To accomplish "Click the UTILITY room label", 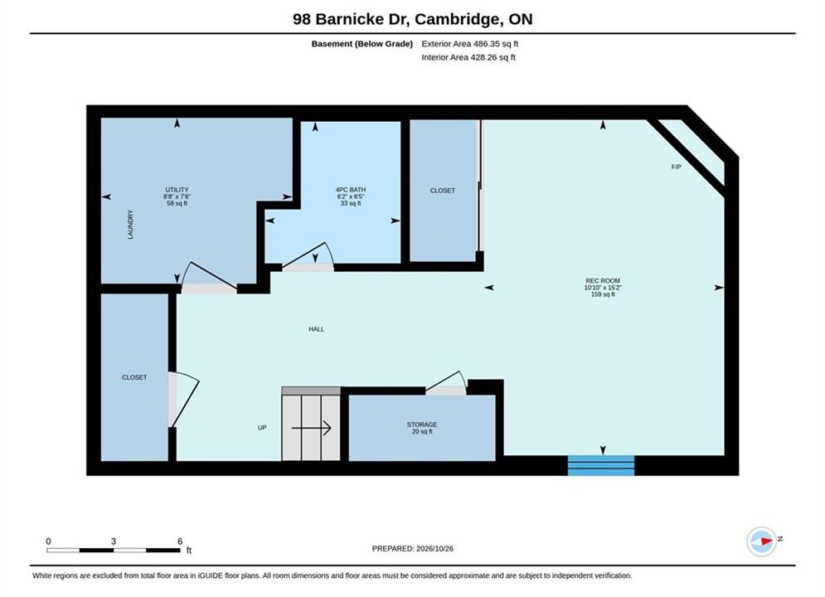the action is coord(177,190).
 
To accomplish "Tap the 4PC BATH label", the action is coord(351,190).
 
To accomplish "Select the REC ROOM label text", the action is coord(603,281).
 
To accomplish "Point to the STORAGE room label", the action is coord(422,425).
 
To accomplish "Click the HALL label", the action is coord(316,329).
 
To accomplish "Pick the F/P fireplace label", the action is coord(676,167).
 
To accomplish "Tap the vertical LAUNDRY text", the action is coord(130,225).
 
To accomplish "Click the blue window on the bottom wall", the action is coord(601,465).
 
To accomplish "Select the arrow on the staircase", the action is coord(311,428).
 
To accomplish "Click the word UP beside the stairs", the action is coord(262,428).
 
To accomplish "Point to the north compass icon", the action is coord(762,541).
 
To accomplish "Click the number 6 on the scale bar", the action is coord(180,541).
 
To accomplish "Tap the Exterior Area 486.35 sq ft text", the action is coord(470,44).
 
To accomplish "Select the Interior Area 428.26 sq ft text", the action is coord(468,57).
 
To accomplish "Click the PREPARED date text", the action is coord(413,549).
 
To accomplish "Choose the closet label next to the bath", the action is coord(443,191).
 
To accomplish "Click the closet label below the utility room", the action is coord(134,377).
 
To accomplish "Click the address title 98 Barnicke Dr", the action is coord(351,19).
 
